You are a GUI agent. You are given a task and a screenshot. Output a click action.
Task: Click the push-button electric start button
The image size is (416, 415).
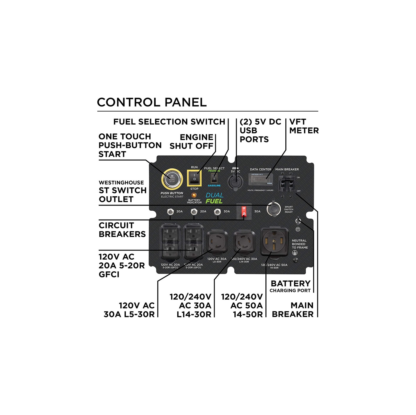tap(172, 179)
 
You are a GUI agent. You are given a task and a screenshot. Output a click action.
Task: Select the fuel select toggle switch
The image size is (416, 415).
tap(214, 178)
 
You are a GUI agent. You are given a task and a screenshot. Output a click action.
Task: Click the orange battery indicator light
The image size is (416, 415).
tap(194, 195)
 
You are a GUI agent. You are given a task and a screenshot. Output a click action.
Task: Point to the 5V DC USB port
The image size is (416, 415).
tap(235, 182)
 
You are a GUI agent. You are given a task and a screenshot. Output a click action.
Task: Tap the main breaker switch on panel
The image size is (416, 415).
tap(286, 184)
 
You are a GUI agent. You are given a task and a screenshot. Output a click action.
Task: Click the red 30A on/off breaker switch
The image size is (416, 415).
tap(244, 211)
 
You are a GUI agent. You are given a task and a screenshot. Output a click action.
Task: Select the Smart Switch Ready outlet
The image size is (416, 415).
tap(273, 209)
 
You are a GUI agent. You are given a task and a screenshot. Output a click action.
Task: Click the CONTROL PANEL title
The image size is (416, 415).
tap(152, 102)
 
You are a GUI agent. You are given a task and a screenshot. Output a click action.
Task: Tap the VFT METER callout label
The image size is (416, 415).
tap(304, 126)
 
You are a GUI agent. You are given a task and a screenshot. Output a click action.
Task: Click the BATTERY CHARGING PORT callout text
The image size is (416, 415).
tap(290, 287)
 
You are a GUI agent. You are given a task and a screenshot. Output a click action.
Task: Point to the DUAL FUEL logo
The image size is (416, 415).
tap(214, 198)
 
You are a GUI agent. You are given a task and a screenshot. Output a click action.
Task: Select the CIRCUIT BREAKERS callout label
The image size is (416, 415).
tap(122, 230)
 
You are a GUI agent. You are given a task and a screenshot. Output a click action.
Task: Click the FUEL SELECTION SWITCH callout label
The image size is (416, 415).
tap(169, 122)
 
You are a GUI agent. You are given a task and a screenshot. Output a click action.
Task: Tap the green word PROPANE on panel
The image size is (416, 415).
tap(214, 171)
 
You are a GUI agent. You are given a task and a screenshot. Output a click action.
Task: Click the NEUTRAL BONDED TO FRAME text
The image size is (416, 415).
tap(300, 244)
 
